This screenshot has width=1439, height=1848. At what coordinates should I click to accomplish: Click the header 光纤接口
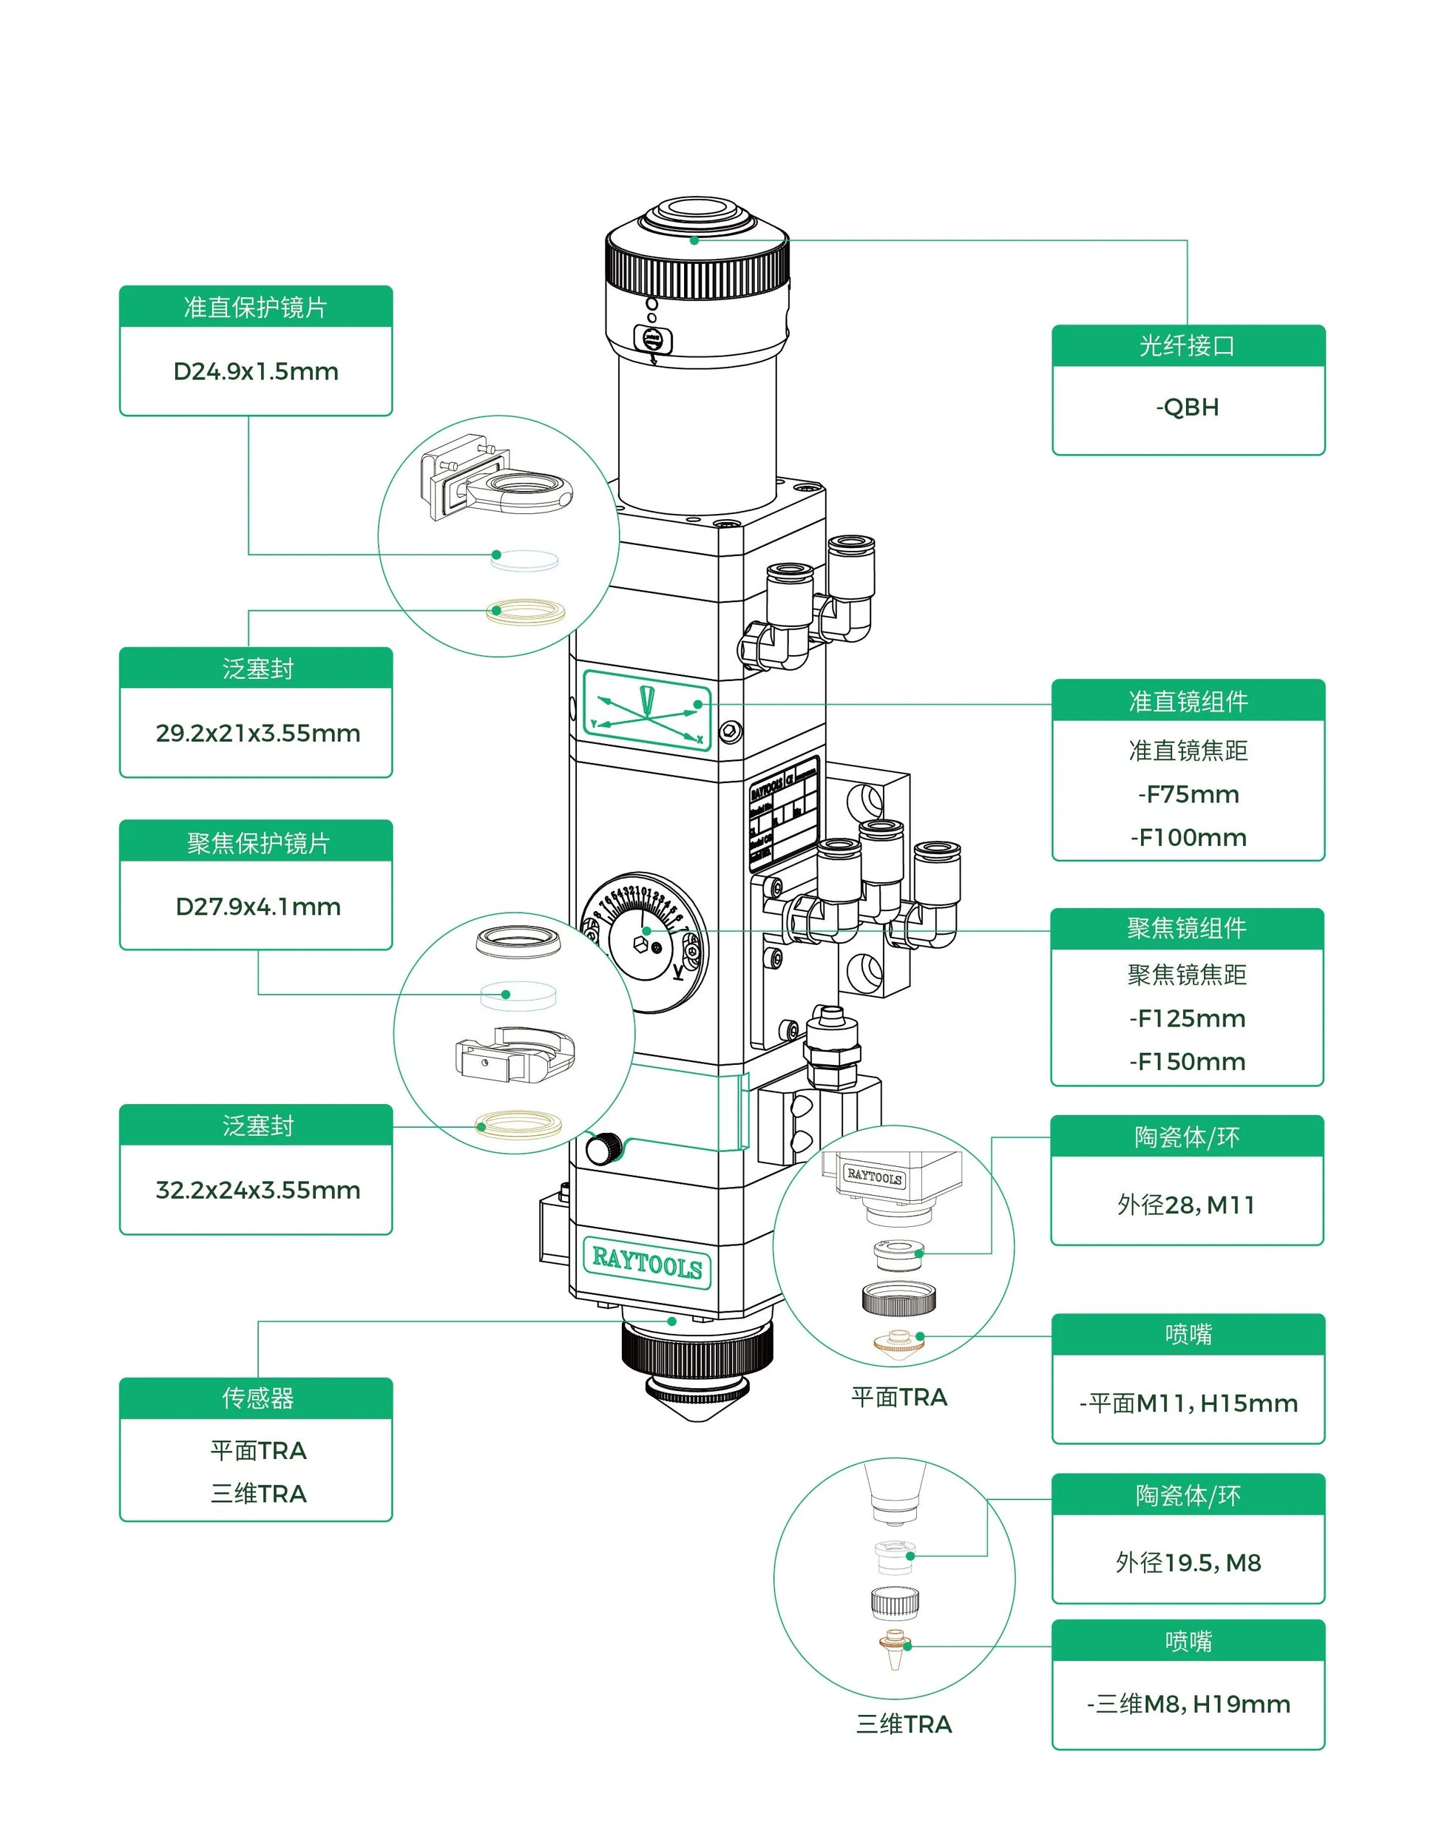point(1187,345)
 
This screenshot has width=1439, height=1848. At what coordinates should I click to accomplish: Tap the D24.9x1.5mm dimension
point(255,371)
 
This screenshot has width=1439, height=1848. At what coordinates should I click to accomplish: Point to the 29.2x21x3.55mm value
point(257,733)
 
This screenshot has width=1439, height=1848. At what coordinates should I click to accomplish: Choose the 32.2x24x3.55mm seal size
point(257,1190)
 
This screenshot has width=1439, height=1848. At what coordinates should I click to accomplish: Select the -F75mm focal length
point(1188,793)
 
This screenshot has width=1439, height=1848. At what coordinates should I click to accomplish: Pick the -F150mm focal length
point(1187,1061)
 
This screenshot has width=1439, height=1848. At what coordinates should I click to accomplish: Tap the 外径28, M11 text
point(1185,1204)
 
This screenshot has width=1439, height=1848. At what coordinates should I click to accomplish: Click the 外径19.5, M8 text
point(1188,1562)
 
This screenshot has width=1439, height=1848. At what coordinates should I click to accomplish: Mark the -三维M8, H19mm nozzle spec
point(1188,1703)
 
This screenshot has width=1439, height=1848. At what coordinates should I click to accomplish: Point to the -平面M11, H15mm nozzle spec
point(1188,1403)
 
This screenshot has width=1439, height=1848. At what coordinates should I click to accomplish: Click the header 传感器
point(257,1398)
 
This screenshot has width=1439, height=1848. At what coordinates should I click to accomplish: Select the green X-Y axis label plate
point(647,710)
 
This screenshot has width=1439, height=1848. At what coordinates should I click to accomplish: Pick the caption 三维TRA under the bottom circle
point(904,1724)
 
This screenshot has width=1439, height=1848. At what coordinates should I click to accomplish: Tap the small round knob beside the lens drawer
point(603,1148)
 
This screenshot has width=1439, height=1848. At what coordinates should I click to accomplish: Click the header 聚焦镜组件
point(1186,928)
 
